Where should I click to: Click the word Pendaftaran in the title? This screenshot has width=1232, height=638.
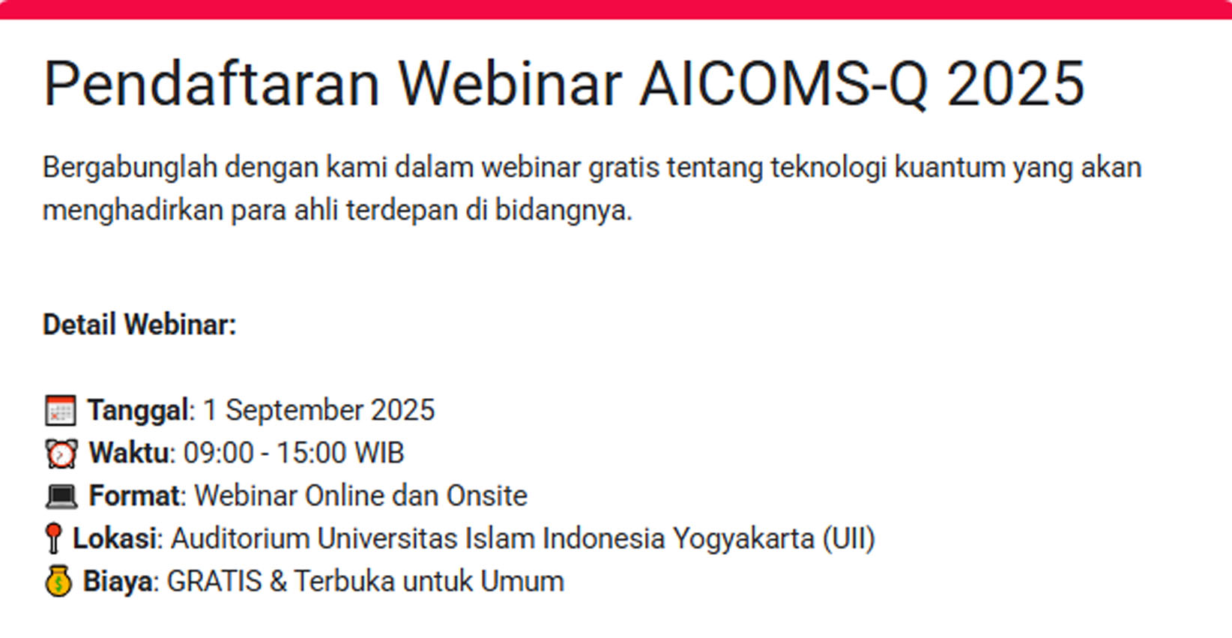click(212, 84)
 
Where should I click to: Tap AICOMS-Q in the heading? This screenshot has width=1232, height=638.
click(784, 85)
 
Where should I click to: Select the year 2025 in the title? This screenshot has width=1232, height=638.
click(1016, 84)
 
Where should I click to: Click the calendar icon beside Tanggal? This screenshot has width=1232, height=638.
click(61, 410)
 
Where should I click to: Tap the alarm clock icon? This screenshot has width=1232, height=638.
click(61, 454)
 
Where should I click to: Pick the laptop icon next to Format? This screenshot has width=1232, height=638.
click(61, 496)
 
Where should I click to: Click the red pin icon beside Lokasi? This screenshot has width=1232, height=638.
click(54, 538)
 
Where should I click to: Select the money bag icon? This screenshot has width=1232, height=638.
click(58, 581)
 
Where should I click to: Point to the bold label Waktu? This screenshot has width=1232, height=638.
click(129, 454)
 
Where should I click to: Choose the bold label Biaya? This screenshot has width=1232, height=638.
click(118, 581)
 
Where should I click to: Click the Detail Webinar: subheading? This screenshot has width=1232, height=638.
click(139, 324)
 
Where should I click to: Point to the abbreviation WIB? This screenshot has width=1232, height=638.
click(379, 454)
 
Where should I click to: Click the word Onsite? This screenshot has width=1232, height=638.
click(487, 496)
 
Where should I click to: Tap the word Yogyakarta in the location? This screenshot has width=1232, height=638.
click(743, 539)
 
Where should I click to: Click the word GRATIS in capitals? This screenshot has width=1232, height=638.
click(214, 581)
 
